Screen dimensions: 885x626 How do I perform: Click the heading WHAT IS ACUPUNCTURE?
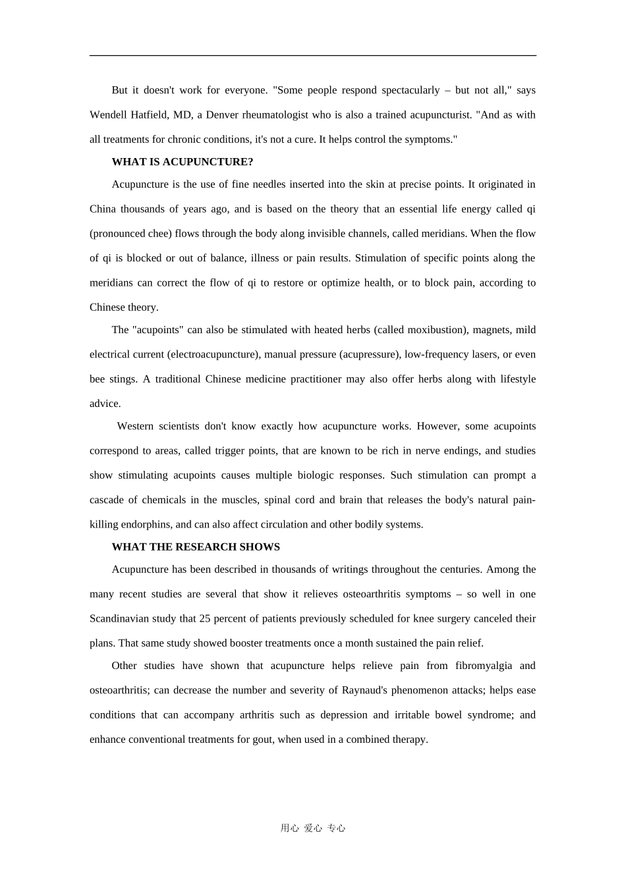tap(183, 162)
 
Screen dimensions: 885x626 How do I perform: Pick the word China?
tap(102, 209)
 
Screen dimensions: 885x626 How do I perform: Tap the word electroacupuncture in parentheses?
tap(213, 355)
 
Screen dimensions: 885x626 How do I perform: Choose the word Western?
tap(135, 427)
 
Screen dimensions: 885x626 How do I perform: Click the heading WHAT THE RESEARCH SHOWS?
tap(196, 547)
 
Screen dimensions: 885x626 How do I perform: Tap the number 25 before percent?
tap(205, 619)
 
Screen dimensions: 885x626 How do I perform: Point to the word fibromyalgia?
tap(484, 666)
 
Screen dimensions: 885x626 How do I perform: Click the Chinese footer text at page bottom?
tap(313, 828)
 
